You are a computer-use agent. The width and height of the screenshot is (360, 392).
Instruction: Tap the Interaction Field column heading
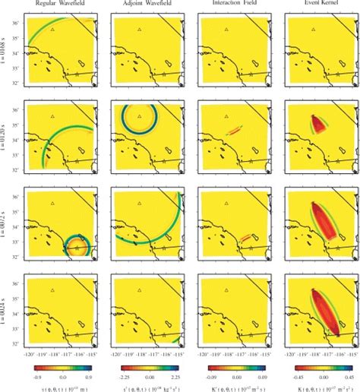[x=230, y=5]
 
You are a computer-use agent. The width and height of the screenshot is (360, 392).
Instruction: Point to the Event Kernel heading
[x=315, y=5]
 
